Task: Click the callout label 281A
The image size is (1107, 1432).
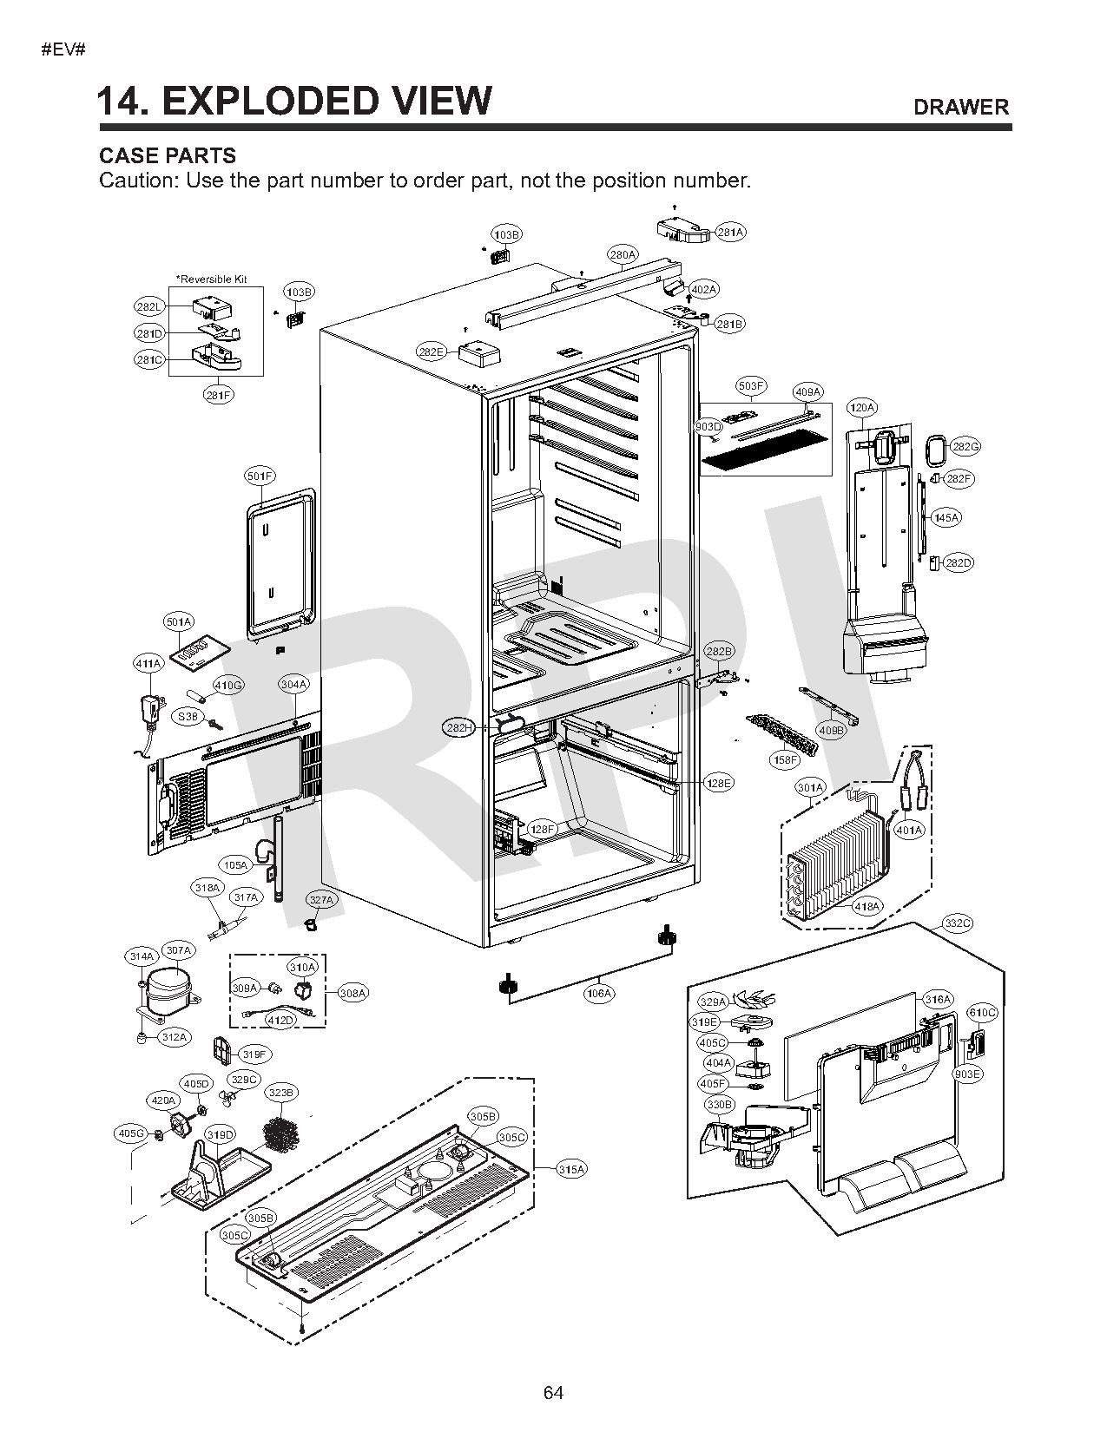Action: coord(730,233)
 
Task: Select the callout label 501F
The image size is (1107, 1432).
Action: coord(259,476)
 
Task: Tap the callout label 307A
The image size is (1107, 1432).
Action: coord(178,950)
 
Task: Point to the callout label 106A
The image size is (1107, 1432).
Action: coord(599,993)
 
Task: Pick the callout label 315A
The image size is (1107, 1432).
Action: coord(570,1169)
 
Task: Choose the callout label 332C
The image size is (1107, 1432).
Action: coord(957,923)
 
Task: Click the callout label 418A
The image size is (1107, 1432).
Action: coord(867,906)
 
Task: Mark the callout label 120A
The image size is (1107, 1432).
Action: coord(862,407)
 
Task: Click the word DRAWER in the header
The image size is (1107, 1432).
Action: coord(960,107)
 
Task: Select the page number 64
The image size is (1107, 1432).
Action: coord(553,1393)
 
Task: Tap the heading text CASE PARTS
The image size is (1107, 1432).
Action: coord(168,156)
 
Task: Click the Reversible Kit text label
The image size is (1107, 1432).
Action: coord(212,279)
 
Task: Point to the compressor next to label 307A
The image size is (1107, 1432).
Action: coord(168,989)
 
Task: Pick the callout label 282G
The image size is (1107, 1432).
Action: coord(965,446)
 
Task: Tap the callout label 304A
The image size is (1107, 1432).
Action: coord(294,684)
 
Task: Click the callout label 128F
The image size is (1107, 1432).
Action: coord(542,830)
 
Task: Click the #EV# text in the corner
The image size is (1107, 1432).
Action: coord(63,49)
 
